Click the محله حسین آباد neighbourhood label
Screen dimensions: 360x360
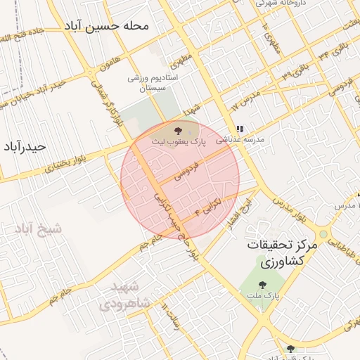click(108, 27)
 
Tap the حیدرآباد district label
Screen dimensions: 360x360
click(24, 146)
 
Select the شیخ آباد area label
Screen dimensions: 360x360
click(37, 229)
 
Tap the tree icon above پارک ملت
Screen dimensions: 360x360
click(262, 285)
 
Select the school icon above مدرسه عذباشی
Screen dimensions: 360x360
click(240, 129)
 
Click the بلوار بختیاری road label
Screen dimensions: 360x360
click(65, 166)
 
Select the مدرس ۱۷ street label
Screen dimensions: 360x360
click(246, 99)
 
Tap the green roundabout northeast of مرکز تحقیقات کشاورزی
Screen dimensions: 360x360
click(323, 234)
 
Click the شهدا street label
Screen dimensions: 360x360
click(191, 108)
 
